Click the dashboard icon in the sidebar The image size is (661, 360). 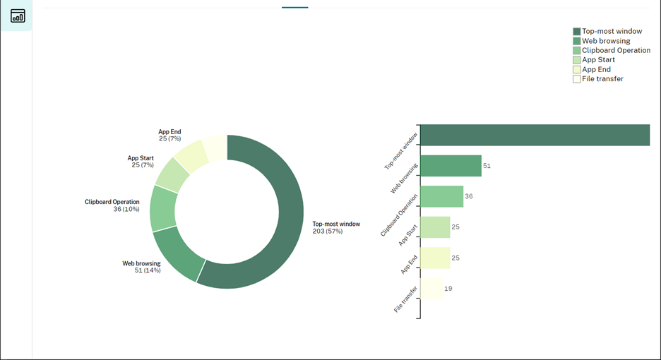[x=17, y=16]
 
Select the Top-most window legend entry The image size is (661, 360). [x=612, y=32]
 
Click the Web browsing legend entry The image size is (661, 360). [x=606, y=41]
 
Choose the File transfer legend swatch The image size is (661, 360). [x=577, y=79]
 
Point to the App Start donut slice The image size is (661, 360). [x=173, y=174]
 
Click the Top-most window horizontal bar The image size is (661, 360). [x=535, y=135]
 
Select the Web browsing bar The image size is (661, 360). [x=451, y=166]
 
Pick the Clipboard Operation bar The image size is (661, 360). [x=441, y=196]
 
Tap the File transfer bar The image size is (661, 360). [x=431, y=288]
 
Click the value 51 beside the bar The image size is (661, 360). [x=487, y=166]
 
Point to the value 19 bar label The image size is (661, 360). [x=448, y=288]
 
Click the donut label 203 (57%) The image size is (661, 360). [x=328, y=232]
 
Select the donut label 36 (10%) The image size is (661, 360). [x=126, y=210]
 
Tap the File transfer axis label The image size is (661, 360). [x=406, y=299]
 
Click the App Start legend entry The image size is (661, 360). [x=598, y=60]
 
